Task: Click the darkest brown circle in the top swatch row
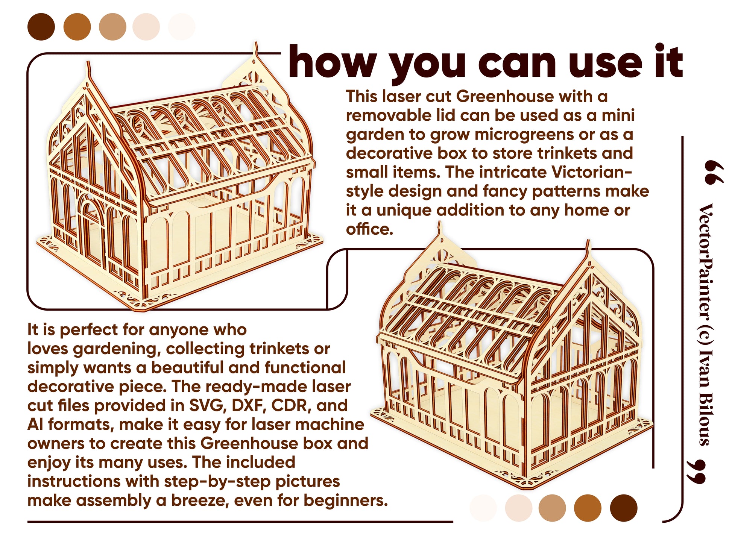[41, 27]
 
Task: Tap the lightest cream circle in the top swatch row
[182, 27]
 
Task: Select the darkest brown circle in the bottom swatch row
[623, 508]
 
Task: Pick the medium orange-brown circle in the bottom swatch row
[588, 508]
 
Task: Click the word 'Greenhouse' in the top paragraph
[505, 96]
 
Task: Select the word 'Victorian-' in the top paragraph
[592, 172]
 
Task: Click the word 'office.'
[369, 229]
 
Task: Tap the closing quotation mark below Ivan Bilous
[696, 472]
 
